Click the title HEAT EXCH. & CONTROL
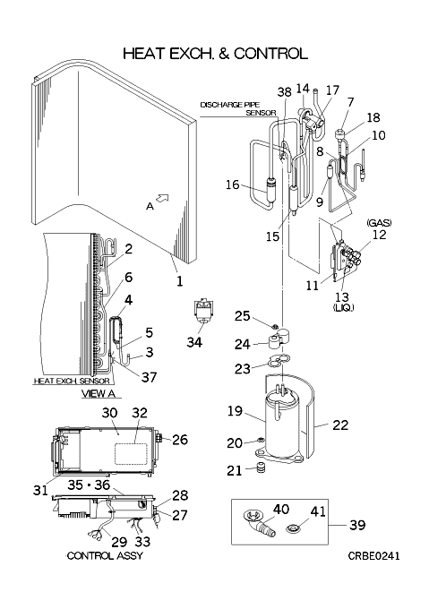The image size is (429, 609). [x=215, y=54]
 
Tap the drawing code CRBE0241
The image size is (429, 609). [x=373, y=556]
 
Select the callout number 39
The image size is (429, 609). [x=357, y=525]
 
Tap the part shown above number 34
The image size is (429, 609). [x=203, y=312]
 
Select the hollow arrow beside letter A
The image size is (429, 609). [x=163, y=198]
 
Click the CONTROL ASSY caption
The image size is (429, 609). [x=105, y=556]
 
